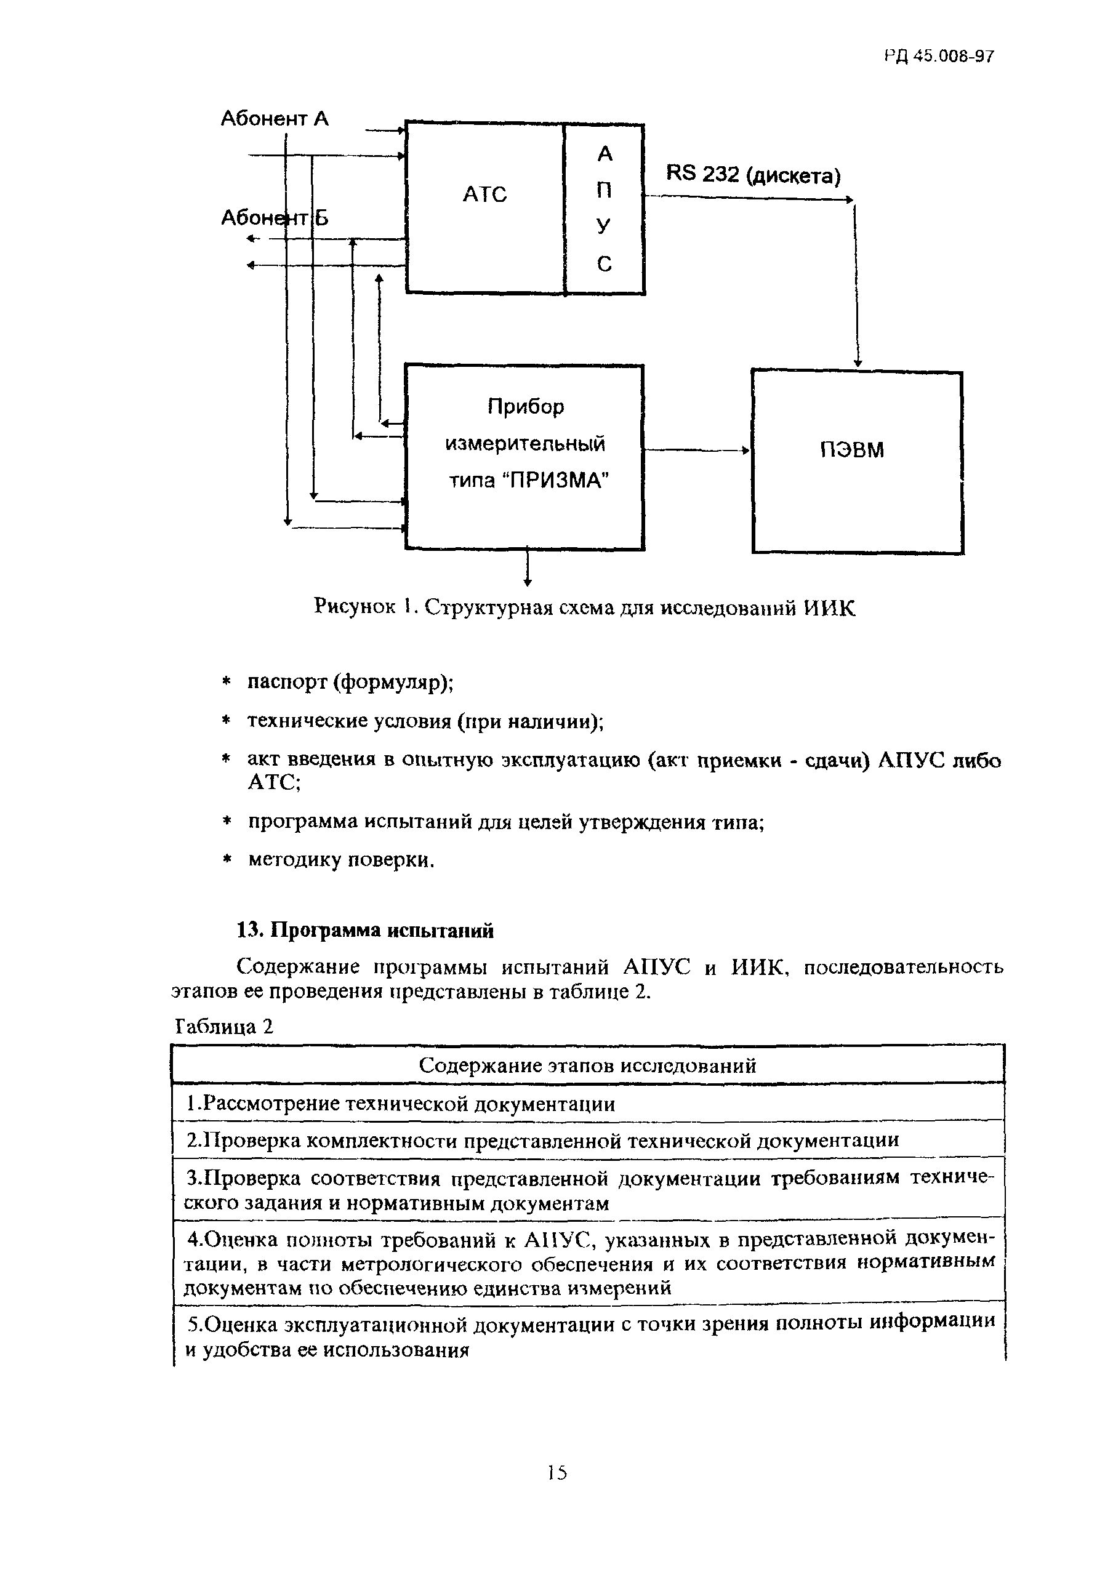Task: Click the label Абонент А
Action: click(x=274, y=119)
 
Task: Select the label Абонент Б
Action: click(x=274, y=218)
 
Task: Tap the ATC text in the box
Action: click(x=484, y=194)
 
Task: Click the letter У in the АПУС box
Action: click(x=603, y=225)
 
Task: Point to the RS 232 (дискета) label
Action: click(x=752, y=175)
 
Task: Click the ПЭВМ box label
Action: click(x=852, y=450)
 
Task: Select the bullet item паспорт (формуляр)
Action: click(x=350, y=683)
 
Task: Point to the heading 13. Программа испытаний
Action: click(x=364, y=931)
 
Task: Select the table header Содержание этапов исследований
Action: click(x=587, y=1065)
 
